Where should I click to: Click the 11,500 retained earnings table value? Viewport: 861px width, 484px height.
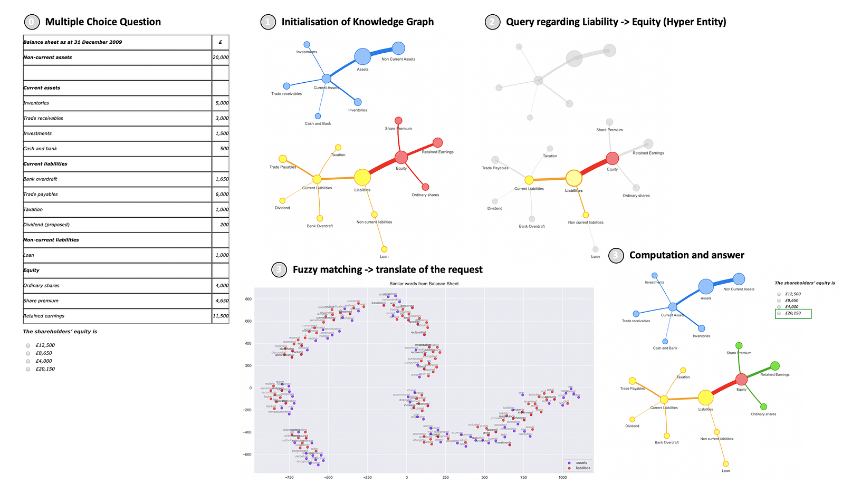point(221,316)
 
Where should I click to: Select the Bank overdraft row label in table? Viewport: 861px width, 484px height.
point(40,179)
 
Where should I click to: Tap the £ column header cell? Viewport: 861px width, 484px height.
point(220,42)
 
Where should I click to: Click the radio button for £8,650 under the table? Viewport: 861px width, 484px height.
point(28,353)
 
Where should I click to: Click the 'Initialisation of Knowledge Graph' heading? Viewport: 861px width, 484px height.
point(357,22)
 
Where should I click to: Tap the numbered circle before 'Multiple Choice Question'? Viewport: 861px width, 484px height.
point(32,22)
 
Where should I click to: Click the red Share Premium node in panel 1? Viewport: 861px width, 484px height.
point(398,121)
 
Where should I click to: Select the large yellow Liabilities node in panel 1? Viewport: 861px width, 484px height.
point(362,178)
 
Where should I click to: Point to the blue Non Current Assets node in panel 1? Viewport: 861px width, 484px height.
point(398,49)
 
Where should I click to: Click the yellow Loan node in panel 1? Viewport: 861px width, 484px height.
point(384,249)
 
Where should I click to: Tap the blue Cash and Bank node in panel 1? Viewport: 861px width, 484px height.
point(318,116)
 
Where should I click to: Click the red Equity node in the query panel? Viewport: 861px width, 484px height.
point(612,158)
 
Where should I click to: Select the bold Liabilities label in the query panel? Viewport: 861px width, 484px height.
point(573,191)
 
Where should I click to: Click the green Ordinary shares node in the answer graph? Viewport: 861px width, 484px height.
point(763,406)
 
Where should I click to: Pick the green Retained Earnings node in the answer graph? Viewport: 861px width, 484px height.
point(774,366)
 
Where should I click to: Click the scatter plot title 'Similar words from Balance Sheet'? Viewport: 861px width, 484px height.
point(424,284)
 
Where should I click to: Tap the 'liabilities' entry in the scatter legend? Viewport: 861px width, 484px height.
point(582,468)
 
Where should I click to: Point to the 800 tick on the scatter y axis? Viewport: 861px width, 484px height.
point(247,299)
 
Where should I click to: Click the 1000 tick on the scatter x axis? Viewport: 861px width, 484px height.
point(562,477)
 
